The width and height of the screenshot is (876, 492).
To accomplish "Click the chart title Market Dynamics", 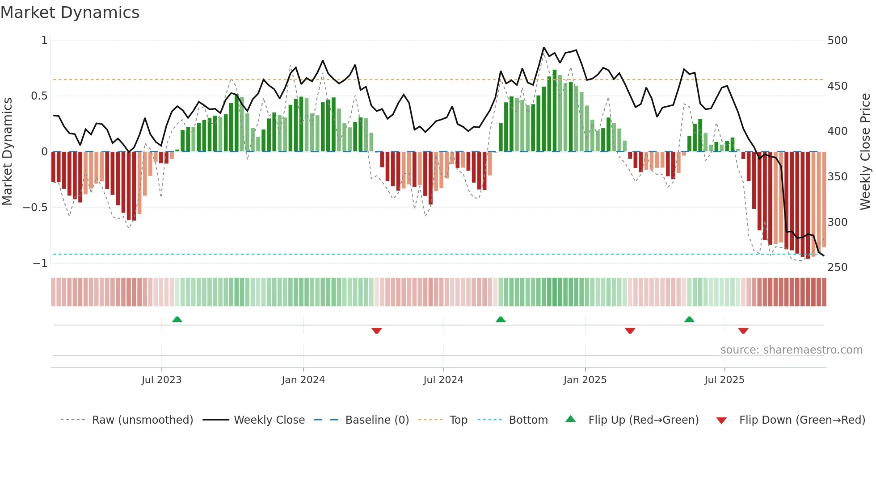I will coord(70,13).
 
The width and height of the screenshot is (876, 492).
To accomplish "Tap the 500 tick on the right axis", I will coord(837,41).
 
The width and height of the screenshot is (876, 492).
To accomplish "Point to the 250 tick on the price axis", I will coord(837,267).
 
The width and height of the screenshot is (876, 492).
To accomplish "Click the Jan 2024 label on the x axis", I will coord(303,380).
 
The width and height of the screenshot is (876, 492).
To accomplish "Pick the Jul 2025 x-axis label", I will coord(724,380).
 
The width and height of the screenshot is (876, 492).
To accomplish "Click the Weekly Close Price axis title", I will coord(865,152).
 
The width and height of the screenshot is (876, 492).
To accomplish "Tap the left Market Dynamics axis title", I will coord(7,152).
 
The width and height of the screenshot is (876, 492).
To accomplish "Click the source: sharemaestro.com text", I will coord(791,350).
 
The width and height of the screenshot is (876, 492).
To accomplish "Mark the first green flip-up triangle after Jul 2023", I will coord(177,319).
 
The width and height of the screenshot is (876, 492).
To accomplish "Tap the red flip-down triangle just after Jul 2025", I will coord(743,331).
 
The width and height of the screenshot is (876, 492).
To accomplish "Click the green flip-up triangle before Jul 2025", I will coord(689,319).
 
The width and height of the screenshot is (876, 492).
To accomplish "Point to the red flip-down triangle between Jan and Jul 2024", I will coord(376,331).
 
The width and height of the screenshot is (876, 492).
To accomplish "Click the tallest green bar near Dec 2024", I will coord(555,111).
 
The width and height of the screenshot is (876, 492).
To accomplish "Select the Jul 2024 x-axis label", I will coord(443,380).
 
